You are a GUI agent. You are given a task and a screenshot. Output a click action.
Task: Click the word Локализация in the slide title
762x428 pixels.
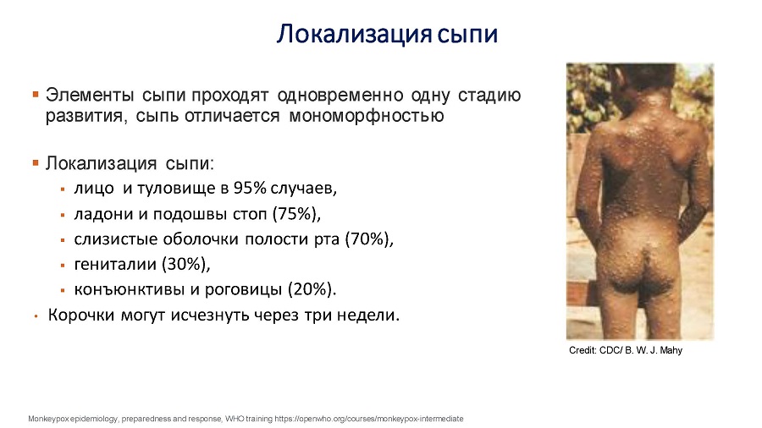point(354,35)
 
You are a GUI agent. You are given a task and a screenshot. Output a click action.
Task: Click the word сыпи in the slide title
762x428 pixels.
point(467,35)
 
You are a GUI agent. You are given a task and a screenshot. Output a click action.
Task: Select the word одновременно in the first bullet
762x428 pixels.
point(340,95)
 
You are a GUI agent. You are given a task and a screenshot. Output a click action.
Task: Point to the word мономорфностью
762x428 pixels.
point(367,117)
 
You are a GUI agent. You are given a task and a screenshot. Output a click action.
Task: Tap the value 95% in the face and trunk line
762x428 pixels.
point(250,188)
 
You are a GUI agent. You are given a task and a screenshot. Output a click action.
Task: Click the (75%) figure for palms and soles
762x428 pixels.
point(296,213)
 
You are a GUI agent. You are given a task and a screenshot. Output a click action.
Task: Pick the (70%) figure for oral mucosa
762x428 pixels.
point(369,239)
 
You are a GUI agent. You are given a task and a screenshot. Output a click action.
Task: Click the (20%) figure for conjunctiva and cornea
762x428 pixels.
point(312,289)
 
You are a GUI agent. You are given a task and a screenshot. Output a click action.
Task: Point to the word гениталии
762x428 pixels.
point(115,265)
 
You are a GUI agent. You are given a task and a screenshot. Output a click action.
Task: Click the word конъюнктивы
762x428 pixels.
point(130,289)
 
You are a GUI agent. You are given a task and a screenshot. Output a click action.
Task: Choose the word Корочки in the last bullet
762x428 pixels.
point(81,316)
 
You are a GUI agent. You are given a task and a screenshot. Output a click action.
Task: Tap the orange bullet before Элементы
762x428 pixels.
point(36,94)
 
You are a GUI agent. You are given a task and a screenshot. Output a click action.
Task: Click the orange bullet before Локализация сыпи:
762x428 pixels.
point(36,162)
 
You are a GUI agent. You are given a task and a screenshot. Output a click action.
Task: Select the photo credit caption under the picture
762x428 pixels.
point(626,350)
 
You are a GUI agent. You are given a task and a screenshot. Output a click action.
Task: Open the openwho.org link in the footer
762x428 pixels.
point(369,419)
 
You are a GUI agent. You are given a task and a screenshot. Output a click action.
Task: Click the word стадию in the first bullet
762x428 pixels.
point(489,95)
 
